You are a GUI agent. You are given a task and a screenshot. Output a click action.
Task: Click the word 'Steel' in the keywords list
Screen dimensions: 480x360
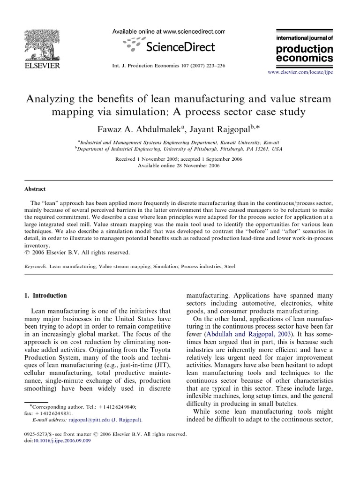click(x=228, y=266)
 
